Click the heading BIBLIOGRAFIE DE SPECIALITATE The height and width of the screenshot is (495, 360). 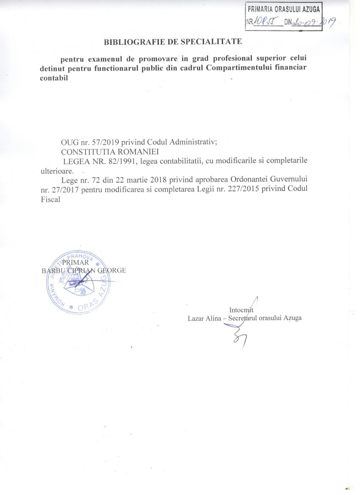(173, 41)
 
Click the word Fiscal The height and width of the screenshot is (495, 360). (50, 199)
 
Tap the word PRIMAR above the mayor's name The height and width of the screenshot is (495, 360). (75, 262)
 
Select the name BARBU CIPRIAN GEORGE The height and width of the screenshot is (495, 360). (83, 270)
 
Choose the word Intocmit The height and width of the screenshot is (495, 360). (241, 310)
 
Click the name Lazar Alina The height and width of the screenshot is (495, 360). (203, 318)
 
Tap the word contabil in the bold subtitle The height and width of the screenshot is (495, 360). (54, 78)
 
